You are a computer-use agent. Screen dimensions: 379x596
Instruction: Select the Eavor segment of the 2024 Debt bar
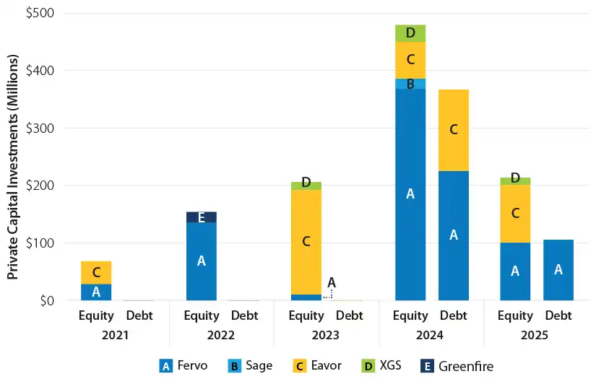point(454,130)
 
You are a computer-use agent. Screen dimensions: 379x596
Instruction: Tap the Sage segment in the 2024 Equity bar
point(410,84)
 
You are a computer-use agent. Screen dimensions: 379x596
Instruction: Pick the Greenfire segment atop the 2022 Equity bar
point(201,217)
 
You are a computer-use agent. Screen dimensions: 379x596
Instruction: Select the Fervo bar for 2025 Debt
point(558,269)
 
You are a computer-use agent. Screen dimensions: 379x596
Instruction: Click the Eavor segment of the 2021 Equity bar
point(96,272)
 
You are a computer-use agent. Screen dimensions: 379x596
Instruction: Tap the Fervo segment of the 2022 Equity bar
point(201,261)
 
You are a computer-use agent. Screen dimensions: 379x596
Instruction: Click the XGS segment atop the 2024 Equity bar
point(410,33)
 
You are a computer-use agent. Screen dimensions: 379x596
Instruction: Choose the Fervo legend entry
point(183,365)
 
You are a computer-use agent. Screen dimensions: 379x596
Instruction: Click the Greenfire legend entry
point(457,365)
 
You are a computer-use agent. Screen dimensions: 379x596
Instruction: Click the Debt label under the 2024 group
point(454,315)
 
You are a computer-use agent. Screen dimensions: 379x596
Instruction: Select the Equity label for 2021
point(96,315)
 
